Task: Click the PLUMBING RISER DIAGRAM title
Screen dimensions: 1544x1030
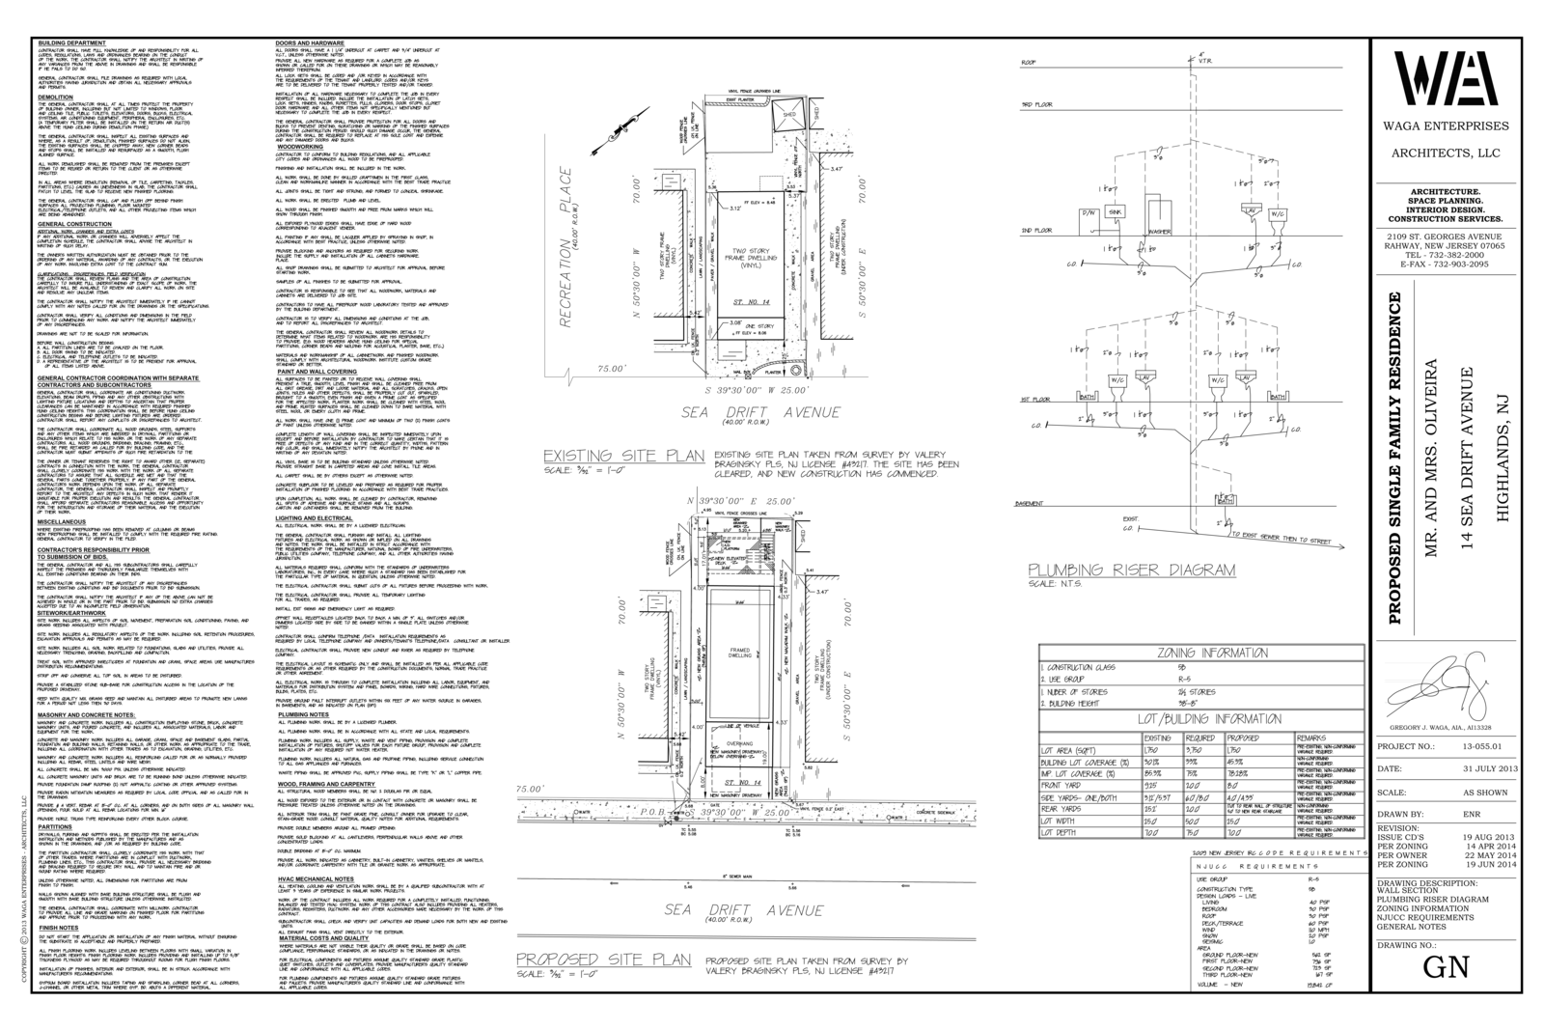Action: click(1131, 571)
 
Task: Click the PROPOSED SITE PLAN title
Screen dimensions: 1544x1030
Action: click(603, 960)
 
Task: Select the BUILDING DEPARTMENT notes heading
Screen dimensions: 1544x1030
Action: click(72, 43)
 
